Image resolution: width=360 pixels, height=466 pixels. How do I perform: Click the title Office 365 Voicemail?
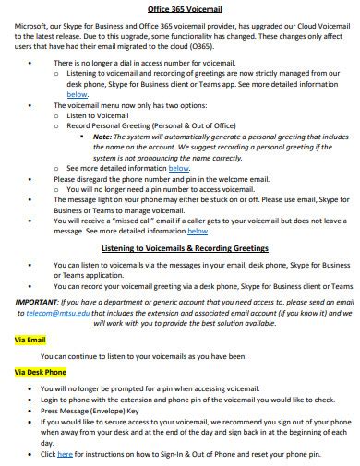pos(180,6)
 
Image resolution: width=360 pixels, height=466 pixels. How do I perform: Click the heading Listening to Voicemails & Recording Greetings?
pos(184,248)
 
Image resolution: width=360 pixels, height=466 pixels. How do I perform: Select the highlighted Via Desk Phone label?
pos(41,372)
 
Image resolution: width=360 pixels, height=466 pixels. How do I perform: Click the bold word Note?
pos(102,136)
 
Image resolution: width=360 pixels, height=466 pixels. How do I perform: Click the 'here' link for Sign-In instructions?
pos(65,454)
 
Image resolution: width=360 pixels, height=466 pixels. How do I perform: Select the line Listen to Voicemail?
pos(98,115)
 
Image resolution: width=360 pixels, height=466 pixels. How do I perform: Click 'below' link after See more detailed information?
pos(179,168)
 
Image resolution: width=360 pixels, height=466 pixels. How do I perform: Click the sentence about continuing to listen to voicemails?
pos(143,356)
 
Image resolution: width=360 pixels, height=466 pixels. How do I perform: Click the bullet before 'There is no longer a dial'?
pos(30,62)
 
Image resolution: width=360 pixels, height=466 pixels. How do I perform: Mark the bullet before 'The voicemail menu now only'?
pos(30,105)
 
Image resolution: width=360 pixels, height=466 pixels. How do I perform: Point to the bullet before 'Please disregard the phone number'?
pos(30,178)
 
